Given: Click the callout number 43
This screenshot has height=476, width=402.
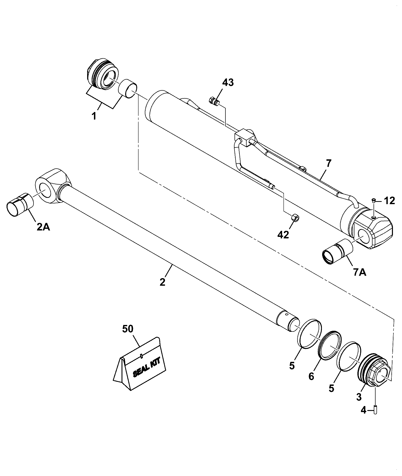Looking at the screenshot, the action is point(228,83).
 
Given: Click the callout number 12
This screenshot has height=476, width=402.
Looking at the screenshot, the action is point(390,201).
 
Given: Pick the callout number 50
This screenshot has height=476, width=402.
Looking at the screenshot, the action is point(128,329).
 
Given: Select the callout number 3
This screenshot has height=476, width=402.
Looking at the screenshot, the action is point(359,397).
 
